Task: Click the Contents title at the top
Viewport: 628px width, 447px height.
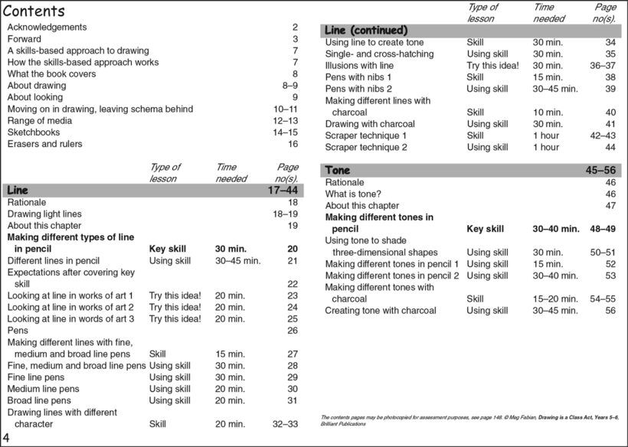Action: pyautogui.click(x=34, y=11)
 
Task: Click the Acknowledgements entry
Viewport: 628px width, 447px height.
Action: pyautogui.click(x=47, y=28)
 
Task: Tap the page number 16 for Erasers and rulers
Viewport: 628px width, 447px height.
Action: pyautogui.click(x=293, y=144)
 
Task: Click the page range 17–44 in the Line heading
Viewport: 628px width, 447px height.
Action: pyautogui.click(x=283, y=190)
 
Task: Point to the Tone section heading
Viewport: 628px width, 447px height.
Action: pyautogui.click(x=339, y=170)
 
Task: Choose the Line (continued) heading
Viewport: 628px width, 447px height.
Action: pyautogui.click(x=366, y=30)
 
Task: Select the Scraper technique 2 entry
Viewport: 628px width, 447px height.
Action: pyautogui.click(x=366, y=147)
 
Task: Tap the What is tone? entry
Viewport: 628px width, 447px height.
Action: pyautogui.click(x=353, y=194)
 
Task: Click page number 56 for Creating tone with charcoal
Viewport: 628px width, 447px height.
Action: pyautogui.click(x=610, y=311)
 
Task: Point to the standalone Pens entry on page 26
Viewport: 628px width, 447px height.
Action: pyautogui.click(x=18, y=331)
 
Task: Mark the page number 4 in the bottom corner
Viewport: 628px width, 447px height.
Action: pyautogui.click(x=7, y=437)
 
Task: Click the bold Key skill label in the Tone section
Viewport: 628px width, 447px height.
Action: pyautogui.click(x=485, y=229)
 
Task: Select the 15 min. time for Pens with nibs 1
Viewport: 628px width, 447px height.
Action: pyautogui.click(x=548, y=77)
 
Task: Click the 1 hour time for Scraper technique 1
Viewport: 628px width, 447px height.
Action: pyautogui.click(x=546, y=135)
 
